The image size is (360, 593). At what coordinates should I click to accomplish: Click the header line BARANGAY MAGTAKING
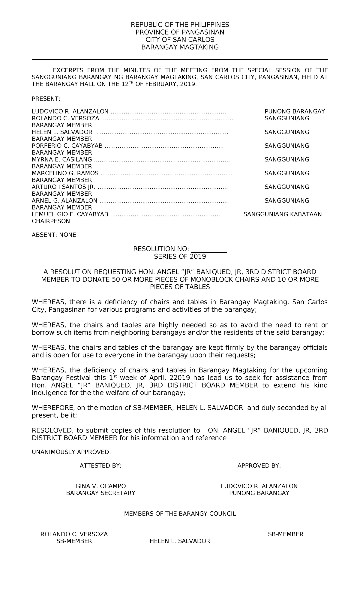(180, 47)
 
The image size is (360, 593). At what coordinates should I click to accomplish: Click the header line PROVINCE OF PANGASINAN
(180, 32)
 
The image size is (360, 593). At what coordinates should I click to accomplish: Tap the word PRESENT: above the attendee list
(46, 99)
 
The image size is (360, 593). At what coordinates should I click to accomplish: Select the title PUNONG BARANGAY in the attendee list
(295, 112)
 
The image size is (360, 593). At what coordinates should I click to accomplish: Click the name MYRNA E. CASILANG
(62, 160)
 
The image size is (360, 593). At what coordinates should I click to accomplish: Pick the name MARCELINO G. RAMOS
(65, 173)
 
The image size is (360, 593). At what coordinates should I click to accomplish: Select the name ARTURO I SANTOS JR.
(63, 187)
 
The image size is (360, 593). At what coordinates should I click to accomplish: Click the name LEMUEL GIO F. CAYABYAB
(70, 215)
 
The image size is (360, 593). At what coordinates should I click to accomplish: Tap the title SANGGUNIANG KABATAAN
(282, 215)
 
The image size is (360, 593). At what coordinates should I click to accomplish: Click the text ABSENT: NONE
(54, 235)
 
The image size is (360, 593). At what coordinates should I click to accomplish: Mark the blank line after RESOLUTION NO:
(209, 249)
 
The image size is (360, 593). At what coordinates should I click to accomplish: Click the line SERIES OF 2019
(180, 257)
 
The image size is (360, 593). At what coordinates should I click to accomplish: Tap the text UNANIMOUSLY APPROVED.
(71, 452)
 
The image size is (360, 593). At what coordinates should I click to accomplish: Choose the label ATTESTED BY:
(100, 466)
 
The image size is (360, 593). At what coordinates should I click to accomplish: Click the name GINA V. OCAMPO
(100, 486)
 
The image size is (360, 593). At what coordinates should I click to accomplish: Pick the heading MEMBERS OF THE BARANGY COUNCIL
(180, 514)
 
